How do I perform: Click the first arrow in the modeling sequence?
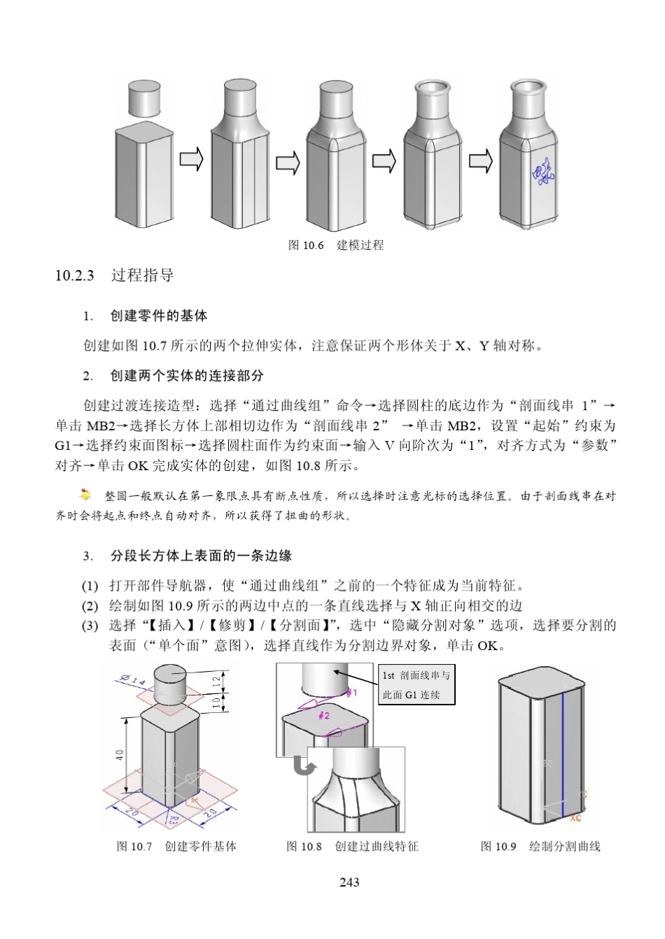pyautogui.click(x=190, y=161)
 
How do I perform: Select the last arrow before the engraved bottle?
pyautogui.click(x=480, y=161)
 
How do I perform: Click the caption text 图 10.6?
pyautogui.click(x=306, y=245)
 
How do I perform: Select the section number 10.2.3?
pyautogui.click(x=74, y=275)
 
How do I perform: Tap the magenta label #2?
pyautogui.click(x=324, y=716)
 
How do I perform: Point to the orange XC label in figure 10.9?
pyautogui.click(x=575, y=817)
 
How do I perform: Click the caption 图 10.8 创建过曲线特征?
pyautogui.click(x=352, y=846)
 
